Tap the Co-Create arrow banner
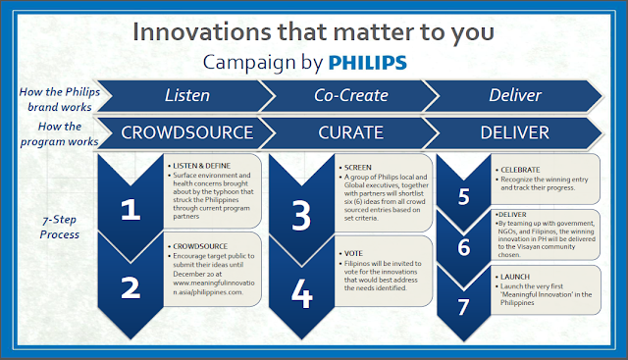[x=350, y=95]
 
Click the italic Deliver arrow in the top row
[x=516, y=95]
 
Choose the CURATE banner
[x=350, y=131]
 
